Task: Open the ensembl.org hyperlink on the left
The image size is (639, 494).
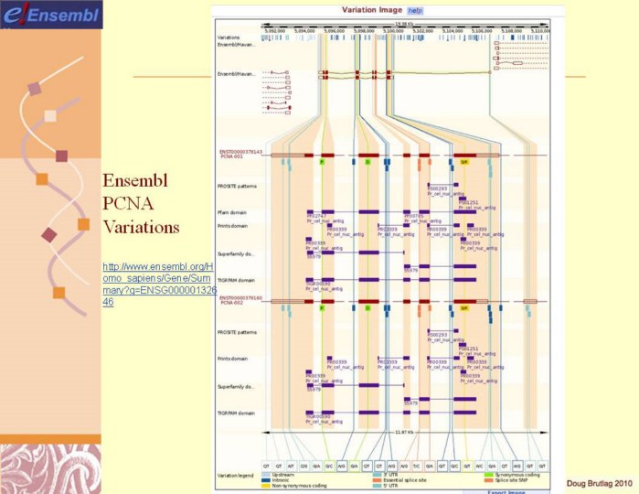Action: click(147, 283)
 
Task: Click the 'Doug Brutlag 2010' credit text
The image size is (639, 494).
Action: click(598, 482)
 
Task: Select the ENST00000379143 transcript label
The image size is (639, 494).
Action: click(240, 152)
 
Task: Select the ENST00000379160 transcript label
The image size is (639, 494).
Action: click(240, 297)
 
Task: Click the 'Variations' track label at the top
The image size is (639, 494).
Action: click(229, 37)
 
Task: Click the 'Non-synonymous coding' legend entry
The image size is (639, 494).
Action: click(293, 486)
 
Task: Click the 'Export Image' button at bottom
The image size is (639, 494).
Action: click(494, 491)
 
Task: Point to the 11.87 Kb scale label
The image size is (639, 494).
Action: click(403, 431)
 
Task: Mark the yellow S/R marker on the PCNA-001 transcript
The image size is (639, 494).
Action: click(464, 162)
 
